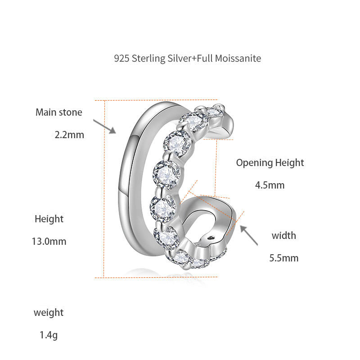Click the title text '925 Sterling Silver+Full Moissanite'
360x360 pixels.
coord(187,58)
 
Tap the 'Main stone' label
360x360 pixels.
coord(59,112)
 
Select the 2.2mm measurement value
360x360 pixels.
coord(69,135)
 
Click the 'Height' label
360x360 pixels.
coord(49,219)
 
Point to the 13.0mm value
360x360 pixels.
coord(49,241)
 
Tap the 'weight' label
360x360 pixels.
coord(49,312)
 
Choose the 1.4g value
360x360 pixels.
coord(49,335)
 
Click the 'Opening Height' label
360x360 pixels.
coord(270,163)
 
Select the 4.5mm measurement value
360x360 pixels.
coord(270,185)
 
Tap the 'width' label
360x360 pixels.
coord(284,235)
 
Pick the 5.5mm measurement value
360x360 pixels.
coord(284,258)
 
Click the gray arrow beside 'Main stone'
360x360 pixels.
coord(104,126)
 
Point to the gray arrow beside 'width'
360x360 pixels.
coord(249,235)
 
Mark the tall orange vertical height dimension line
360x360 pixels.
coord(104,189)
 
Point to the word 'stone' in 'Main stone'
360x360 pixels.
coord(70,112)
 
